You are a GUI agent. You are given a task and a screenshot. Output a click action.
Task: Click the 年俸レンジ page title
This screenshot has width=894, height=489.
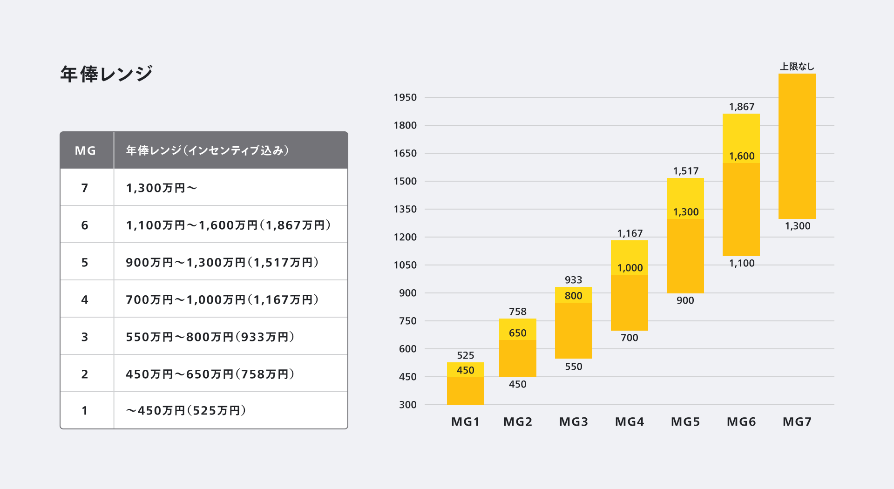(106, 74)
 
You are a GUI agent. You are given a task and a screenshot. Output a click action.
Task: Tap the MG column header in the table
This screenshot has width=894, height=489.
(85, 150)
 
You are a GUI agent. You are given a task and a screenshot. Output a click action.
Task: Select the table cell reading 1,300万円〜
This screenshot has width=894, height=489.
(161, 188)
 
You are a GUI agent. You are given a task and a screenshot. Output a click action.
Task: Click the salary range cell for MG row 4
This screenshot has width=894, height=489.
(222, 299)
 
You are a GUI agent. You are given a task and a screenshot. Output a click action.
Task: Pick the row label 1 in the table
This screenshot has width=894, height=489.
(85, 410)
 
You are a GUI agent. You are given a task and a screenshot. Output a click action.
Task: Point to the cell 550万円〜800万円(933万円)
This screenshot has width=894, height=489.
(210, 337)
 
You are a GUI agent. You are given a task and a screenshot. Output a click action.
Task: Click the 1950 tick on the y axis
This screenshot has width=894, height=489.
(405, 97)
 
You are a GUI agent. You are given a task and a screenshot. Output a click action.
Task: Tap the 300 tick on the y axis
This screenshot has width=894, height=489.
(407, 405)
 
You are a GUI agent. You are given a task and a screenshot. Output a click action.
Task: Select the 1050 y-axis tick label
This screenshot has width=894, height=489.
(405, 265)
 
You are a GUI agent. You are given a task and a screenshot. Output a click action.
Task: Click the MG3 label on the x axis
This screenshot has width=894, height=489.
(573, 422)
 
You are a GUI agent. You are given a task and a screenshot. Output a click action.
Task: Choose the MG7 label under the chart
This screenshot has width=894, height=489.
(797, 422)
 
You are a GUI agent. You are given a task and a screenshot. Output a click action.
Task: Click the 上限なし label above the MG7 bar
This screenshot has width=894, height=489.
(797, 67)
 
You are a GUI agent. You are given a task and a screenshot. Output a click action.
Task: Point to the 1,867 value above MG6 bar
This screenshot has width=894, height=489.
(741, 107)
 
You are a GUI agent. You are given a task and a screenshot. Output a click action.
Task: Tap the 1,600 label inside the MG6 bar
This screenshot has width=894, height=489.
(741, 156)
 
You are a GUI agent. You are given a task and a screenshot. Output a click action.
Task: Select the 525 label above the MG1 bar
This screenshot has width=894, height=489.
(465, 355)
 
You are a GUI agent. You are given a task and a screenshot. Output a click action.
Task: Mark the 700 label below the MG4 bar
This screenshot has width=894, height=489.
(629, 338)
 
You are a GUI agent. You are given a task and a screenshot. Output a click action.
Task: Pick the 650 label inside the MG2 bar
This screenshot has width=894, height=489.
(517, 333)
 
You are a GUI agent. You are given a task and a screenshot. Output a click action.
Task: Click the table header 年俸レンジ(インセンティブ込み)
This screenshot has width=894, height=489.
(207, 150)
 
